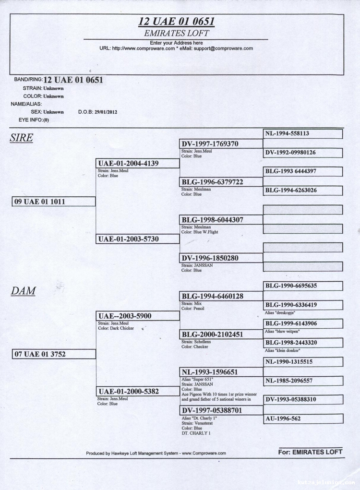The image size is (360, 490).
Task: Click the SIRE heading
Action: click(x=21, y=138)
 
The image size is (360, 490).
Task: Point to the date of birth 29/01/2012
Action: click(x=106, y=112)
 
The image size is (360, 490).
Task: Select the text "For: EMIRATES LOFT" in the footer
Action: click(x=310, y=452)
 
